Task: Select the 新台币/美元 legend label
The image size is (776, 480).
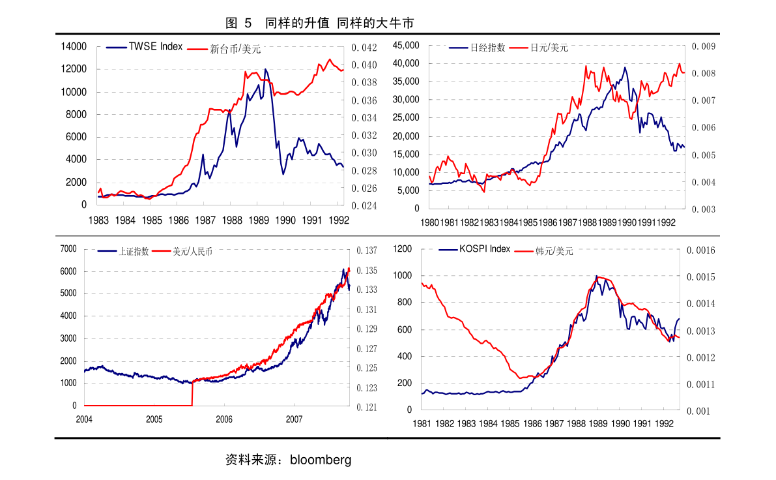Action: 235,48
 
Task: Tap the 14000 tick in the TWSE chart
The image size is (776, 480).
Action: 74,46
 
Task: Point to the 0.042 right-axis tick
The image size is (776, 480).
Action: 364,48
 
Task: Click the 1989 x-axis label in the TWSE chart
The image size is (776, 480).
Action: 259,220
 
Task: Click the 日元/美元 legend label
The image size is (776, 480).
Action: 549,48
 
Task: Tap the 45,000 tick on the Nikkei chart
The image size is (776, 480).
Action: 406,45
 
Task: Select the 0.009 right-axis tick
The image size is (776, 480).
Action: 704,46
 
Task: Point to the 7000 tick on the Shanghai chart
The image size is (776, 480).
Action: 68,248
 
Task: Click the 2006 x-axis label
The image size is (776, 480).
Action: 224,419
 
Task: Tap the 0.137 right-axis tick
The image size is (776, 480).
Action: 367,250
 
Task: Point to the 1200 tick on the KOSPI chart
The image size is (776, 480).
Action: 403,249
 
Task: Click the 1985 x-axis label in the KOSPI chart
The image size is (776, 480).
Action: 510,423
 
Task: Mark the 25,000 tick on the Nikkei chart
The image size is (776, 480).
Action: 406,118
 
